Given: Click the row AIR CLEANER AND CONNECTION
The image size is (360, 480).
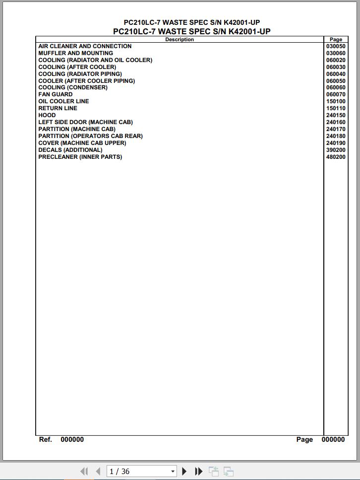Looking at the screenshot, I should [85, 46].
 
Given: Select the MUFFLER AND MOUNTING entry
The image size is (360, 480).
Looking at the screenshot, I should [75, 53].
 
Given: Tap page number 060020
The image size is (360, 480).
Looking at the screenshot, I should [336, 60].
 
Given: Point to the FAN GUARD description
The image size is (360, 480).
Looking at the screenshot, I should [56, 94].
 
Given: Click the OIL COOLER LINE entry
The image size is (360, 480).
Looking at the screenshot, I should [63, 101].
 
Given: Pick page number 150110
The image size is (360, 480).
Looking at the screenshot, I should [336, 108].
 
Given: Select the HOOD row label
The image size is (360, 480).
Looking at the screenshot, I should [47, 115].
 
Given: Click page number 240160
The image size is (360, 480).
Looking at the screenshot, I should [336, 122].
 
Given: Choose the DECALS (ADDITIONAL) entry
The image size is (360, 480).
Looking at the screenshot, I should [70, 150].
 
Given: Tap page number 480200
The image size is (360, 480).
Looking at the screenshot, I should [336, 157].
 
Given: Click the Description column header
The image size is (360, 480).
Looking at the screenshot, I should [180, 40].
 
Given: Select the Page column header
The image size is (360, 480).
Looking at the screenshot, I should [336, 40].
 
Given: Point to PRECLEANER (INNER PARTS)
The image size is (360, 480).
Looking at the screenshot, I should [80, 157].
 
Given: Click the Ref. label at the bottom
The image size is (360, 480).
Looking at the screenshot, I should [46, 439].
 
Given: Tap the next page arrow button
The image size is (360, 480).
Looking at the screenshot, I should [184, 471].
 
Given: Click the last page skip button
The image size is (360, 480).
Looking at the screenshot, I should [198, 471].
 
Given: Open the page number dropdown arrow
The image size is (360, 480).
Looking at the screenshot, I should [173, 471].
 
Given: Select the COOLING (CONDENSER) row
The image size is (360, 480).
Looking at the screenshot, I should [73, 87].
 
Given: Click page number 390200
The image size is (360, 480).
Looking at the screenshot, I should [336, 150].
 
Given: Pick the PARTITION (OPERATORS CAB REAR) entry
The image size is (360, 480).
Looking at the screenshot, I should [90, 136].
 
